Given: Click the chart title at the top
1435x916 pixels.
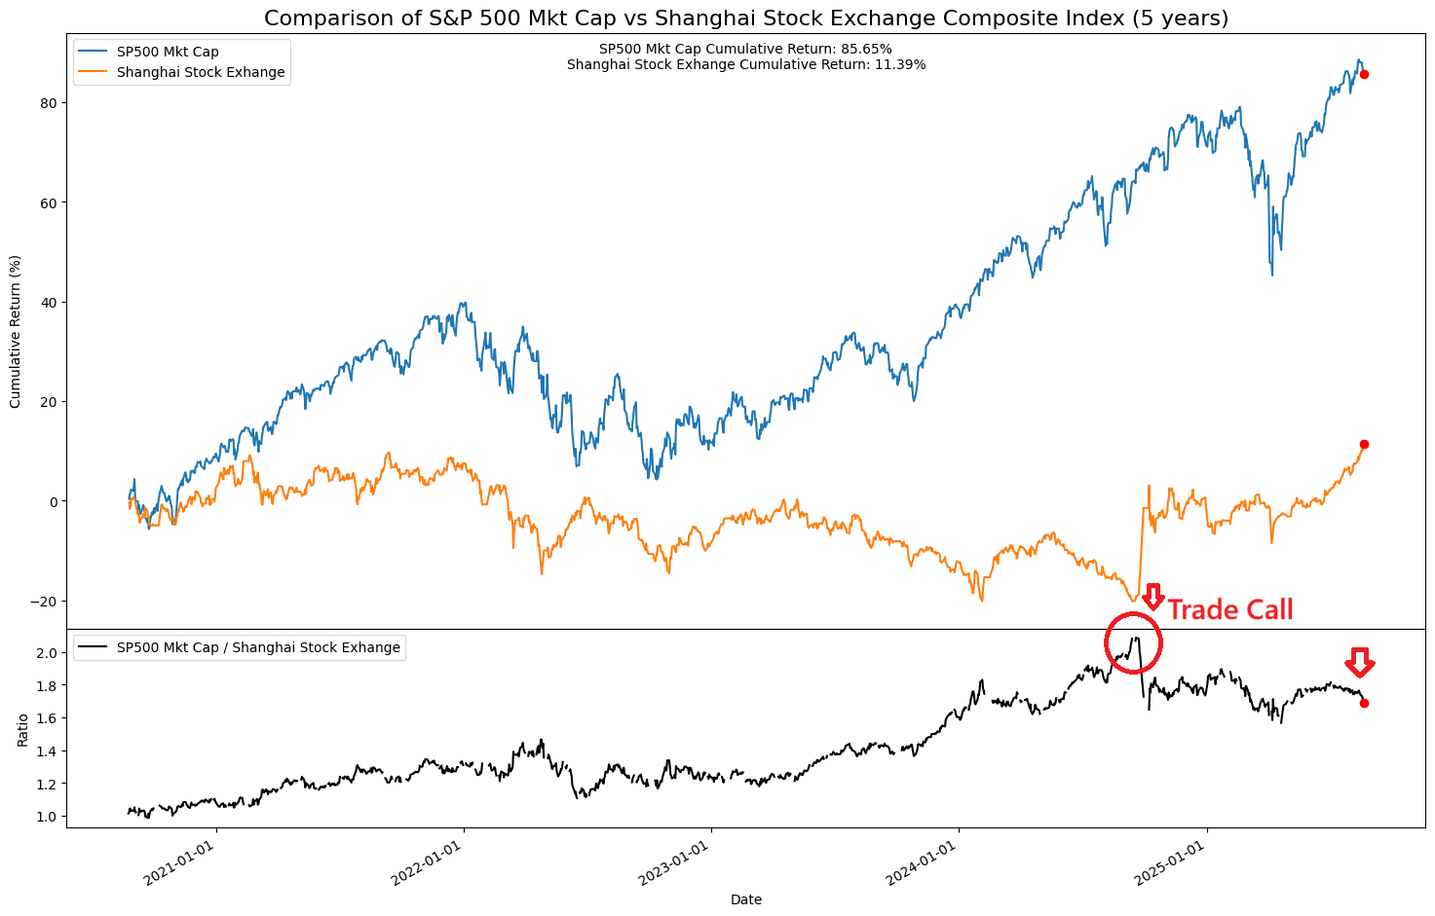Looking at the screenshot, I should (x=746, y=18).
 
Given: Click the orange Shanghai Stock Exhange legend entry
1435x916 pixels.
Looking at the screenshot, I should (x=201, y=72).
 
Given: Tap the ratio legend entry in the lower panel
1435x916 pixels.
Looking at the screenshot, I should (x=258, y=647).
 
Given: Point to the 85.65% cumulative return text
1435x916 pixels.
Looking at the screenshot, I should (x=745, y=49).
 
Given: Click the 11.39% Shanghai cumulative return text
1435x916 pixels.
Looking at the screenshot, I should (x=745, y=64).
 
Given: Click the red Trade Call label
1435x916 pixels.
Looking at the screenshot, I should (x=1230, y=610).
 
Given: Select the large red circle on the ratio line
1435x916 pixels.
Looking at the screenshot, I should (x=1133, y=642).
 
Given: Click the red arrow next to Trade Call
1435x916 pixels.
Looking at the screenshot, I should (x=1153, y=597).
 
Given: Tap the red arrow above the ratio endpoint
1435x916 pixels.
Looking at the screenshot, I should (x=1360, y=663).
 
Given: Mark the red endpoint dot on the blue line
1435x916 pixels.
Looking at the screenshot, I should (x=1364, y=75).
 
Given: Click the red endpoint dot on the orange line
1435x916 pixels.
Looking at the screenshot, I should (x=1364, y=444).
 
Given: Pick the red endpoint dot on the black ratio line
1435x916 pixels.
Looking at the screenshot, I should (x=1364, y=703).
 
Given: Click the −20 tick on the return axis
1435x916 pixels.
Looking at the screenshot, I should (x=44, y=602).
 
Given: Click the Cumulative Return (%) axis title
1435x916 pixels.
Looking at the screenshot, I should (x=16, y=332).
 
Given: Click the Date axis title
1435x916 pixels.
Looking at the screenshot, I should (x=746, y=899).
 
